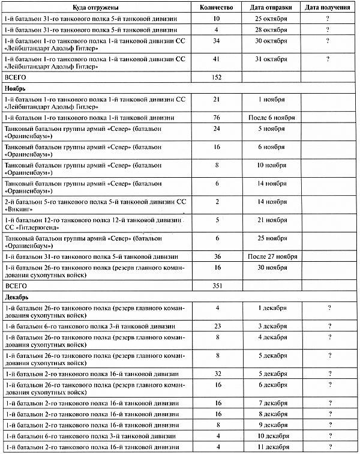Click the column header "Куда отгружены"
click(x=98, y=8)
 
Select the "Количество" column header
click(x=217, y=8)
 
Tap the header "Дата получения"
click(x=329, y=8)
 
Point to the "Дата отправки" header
click(x=271, y=8)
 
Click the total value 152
click(x=217, y=77)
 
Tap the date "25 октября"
click(x=271, y=19)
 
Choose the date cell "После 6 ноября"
click(x=271, y=118)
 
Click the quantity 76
click(x=217, y=118)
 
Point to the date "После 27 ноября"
click(x=271, y=256)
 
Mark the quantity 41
click(x=217, y=59)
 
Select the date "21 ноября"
click(x=271, y=220)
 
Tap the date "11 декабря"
click(x=271, y=447)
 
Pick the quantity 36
click(x=217, y=256)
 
